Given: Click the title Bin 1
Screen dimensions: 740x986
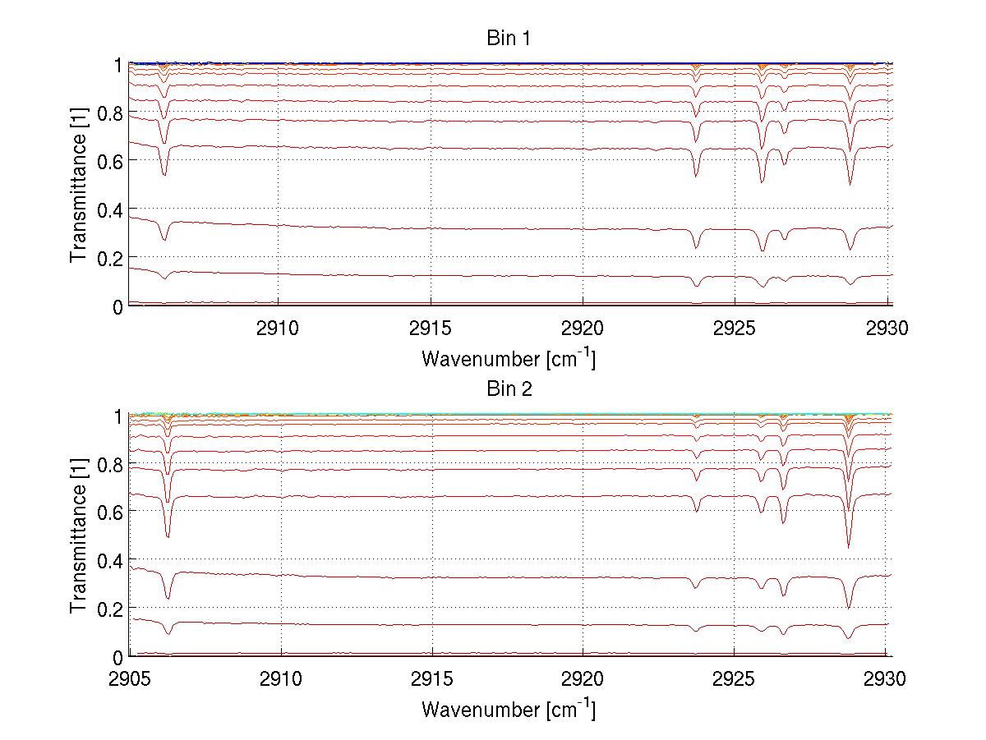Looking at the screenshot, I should point(509,39).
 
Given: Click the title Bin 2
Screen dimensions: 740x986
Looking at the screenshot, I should point(509,389).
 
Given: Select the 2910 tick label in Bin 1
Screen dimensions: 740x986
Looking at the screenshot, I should point(278,329).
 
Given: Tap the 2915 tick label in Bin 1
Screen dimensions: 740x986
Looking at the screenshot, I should point(431,329).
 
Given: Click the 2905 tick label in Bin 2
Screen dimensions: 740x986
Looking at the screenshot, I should point(130,680).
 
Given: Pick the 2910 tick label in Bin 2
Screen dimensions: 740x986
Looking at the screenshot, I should point(281,680).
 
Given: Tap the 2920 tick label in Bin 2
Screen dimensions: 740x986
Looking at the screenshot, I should point(583,680).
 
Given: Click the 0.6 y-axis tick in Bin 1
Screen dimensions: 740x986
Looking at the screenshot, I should point(111,162).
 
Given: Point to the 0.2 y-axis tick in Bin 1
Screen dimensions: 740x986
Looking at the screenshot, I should point(111,258).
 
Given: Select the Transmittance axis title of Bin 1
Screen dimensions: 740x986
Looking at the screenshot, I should point(79,185).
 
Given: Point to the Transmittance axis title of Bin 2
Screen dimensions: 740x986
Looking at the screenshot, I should point(79,536).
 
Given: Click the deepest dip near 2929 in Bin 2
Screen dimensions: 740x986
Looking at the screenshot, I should point(848,546).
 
